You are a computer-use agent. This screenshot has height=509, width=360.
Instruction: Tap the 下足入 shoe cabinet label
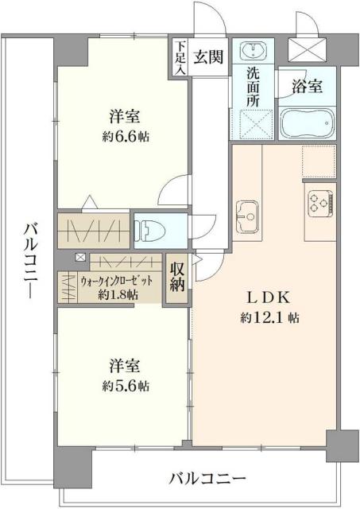pos(180,57)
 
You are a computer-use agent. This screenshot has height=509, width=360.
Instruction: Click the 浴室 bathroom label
pos(306,87)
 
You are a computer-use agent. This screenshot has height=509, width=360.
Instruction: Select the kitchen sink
pos(247,215)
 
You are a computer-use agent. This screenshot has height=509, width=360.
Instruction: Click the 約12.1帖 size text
pos(269,317)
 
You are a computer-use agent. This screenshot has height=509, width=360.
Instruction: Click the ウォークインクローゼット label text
pos(110,281)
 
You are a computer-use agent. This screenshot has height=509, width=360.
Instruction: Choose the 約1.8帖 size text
pos(118,293)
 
